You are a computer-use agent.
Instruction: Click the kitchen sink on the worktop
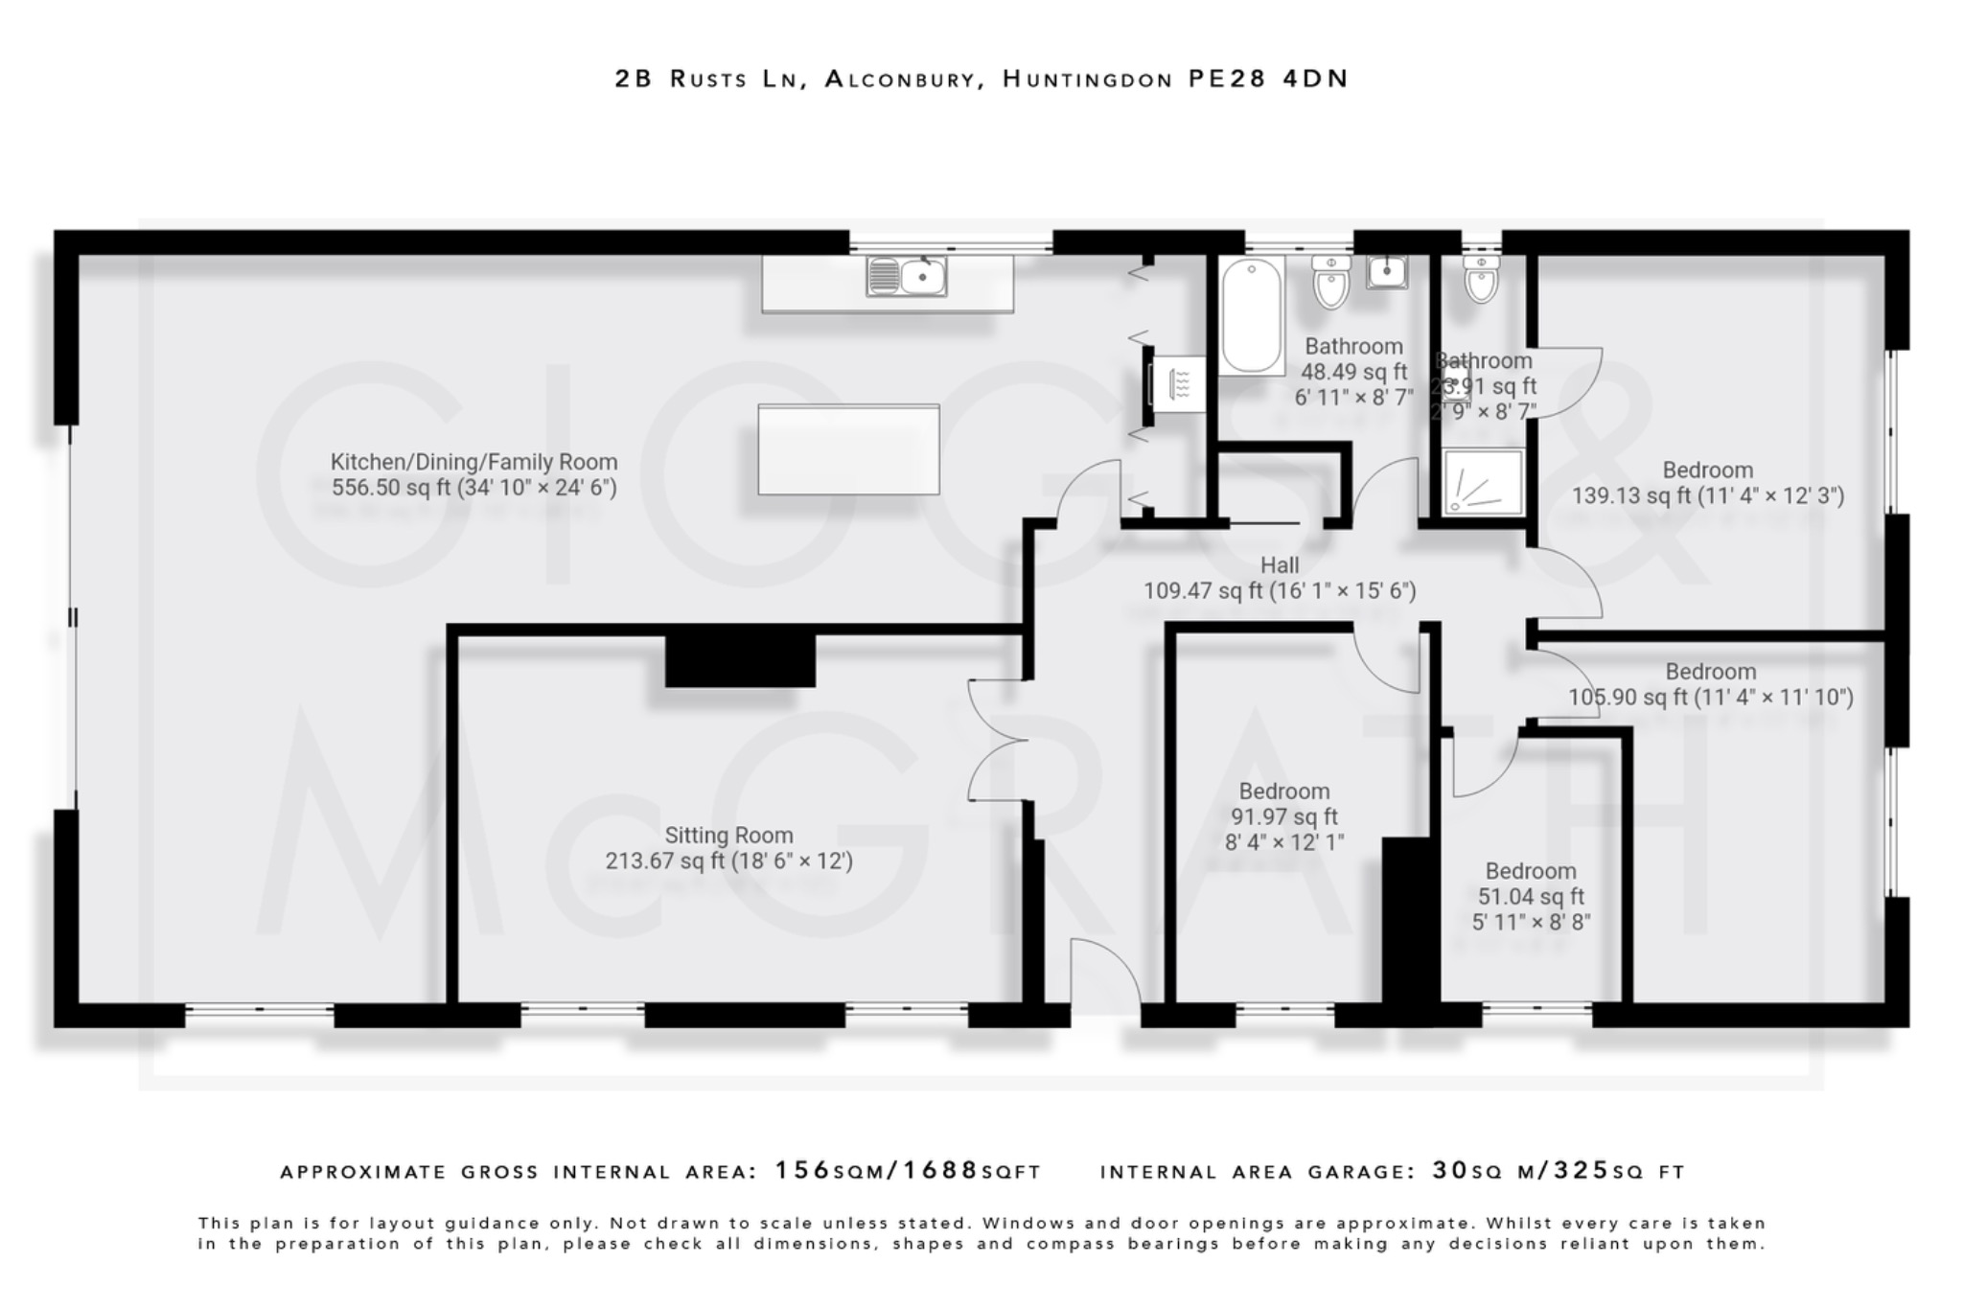(x=906, y=276)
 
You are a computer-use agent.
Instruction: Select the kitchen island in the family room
(x=848, y=449)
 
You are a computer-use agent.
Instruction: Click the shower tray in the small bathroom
(x=1483, y=482)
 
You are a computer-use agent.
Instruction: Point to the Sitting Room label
(x=728, y=836)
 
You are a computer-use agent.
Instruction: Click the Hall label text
(x=1280, y=565)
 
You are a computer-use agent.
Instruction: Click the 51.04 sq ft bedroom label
(x=1531, y=897)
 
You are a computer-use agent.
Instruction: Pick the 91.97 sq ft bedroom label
(x=1283, y=816)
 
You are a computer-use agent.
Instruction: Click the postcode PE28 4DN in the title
(x=1267, y=79)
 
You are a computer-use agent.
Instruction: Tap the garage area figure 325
(x=1581, y=1170)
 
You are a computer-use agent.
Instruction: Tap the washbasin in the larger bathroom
(x=1387, y=272)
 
